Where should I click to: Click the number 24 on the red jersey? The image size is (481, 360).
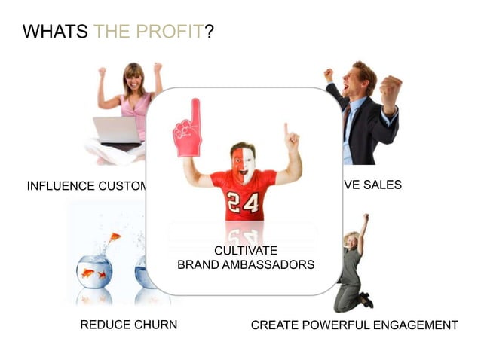(244, 203)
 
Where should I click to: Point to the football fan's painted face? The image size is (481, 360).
(243, 160)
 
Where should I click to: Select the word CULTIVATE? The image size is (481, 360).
(246, 250)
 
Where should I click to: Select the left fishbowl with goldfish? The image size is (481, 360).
(94, 271)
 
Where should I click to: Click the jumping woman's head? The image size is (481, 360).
(351, 240)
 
